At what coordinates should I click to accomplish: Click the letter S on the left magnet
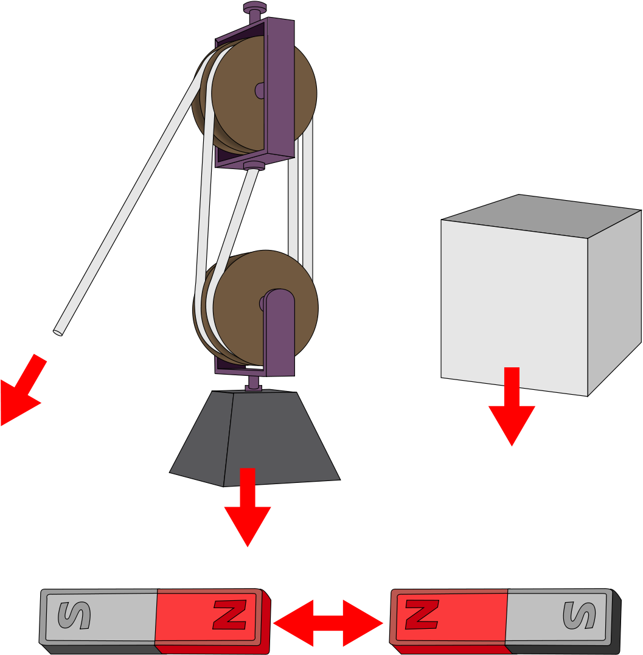pyautogui.click(x=74, y=615)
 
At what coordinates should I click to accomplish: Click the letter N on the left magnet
pyautogui.click(x=229, y=614)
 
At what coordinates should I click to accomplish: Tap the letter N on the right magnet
pyautogui.click(x=422, y=614)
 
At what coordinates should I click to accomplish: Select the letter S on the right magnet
pyautogui.click(x=579, y=615)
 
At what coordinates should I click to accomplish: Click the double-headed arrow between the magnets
pyautogui.click(x=328, y=623)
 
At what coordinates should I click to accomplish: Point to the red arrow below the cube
pyautogui.click(x=512, y=406)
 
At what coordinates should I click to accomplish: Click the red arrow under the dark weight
pyautogui.click(x=248, y=507)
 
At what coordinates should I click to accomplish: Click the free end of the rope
pyautogui.click(x=58, y=333)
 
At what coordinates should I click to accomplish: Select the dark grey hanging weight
pyautogui.click(x=255, y=438)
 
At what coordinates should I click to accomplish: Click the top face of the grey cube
pyautogui.click(x=541, y=215)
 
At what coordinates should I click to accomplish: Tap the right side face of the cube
pyautogui.click(x=614, y=303)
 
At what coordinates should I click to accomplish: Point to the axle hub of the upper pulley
pyautogui.click(x=260, y=90)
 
